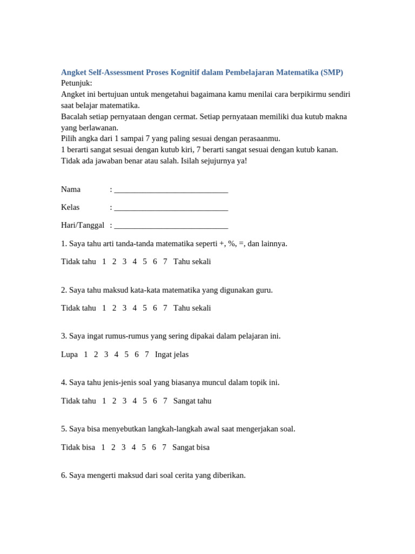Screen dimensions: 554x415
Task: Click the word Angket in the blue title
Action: click(73, 72)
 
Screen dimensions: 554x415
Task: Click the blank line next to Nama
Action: click(171, 190)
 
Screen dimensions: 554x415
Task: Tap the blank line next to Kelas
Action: click(171, 208)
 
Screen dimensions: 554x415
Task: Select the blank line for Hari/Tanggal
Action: click(171, 226)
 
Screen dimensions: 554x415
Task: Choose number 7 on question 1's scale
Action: click(165, 262)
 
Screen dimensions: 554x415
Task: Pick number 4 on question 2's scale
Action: click(135, 308)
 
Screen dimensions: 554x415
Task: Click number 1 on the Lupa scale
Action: click(86, 355)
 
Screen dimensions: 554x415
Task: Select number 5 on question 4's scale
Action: click(145, 401)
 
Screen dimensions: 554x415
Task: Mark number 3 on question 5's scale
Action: click(123, 448)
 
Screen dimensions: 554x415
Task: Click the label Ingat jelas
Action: click(171, 355)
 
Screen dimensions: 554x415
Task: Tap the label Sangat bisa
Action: click(191, 448)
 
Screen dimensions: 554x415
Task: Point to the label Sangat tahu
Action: click(192, 401)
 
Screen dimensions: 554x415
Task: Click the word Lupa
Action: click(69, 355)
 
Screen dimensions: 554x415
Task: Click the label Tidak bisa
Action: click(78, 448)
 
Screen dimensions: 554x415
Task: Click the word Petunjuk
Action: click(76, 83)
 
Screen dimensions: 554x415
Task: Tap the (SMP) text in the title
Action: click(331, 72)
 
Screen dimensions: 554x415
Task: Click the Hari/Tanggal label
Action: click(82, 226)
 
